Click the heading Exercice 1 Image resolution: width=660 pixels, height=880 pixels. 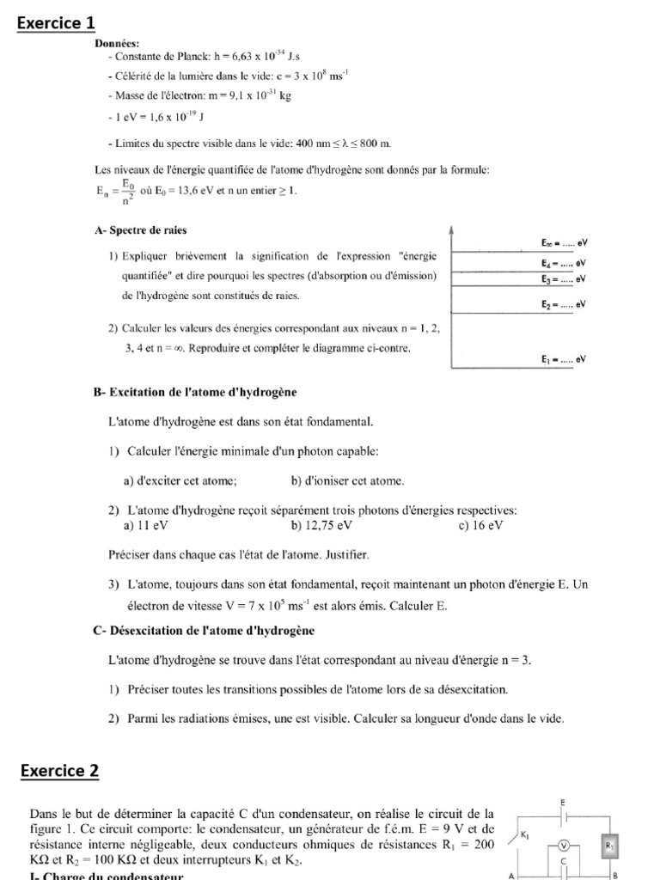tap(57, 23)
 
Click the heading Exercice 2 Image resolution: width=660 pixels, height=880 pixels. tap(59, 771)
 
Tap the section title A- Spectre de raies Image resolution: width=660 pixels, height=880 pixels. tap(140, 230)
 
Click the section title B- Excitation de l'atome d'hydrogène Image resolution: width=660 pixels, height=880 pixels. tap(194, 392)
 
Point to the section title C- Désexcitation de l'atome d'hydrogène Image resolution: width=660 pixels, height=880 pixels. tap(204, 631)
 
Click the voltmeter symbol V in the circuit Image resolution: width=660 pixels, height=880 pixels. tap(565, 845)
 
